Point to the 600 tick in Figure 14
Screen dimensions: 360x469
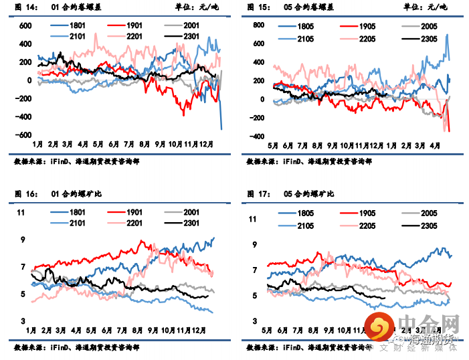coord(25,26)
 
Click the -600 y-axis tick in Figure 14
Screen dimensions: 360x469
coord(24,134)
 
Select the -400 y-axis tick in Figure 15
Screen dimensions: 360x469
coord(256,137)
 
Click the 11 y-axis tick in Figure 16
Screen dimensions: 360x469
coord(20,213)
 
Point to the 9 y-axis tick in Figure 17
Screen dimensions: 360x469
coord(254,245)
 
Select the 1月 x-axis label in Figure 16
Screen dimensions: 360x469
coord(30,331)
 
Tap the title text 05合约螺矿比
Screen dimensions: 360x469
coord(308,194)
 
